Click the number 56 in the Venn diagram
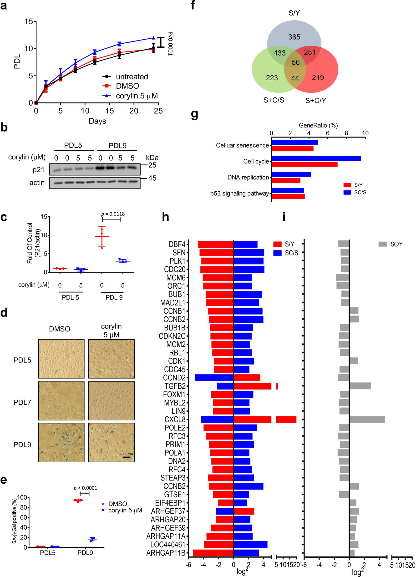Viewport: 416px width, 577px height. pos(295,62)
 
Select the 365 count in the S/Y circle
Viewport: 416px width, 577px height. pos(294,37)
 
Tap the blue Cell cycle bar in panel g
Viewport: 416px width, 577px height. pos(316,158)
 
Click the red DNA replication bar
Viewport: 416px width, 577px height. pos(286,180)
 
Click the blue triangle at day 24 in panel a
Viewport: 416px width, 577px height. pos(153,38)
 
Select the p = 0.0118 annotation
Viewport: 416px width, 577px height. pos(113,214)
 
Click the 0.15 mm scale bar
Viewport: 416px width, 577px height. pos(126,457)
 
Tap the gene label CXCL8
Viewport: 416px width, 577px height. pos(175,419)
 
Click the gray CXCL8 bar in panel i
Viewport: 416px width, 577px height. pos(367,419)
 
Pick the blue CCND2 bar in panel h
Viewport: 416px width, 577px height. pos(214,378)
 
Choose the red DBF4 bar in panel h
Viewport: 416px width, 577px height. pos(216,244)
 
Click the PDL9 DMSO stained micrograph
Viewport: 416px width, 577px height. pos(61,442)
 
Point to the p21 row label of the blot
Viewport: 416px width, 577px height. pos(38,170)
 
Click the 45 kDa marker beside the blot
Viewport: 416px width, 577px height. pos(152,178)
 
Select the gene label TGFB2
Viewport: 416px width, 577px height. pos(175,386)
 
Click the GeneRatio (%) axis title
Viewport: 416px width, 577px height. pos(318,125)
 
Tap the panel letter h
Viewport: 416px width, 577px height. pos(166,217)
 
